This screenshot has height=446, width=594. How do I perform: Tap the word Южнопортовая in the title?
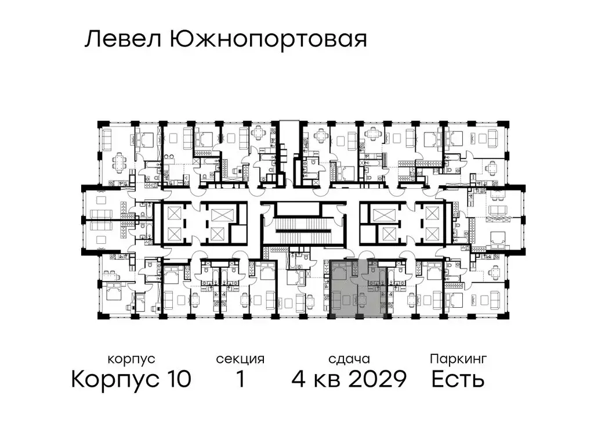[x=269, y=41]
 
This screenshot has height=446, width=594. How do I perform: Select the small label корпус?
[x=131, y=359]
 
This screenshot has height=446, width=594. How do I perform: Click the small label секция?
[x=240, y=359]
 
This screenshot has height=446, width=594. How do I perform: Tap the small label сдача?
[x=348, y=359]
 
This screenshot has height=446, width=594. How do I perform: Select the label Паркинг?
[x=458, y=359]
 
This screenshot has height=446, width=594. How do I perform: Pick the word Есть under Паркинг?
[x=458, y=380]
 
